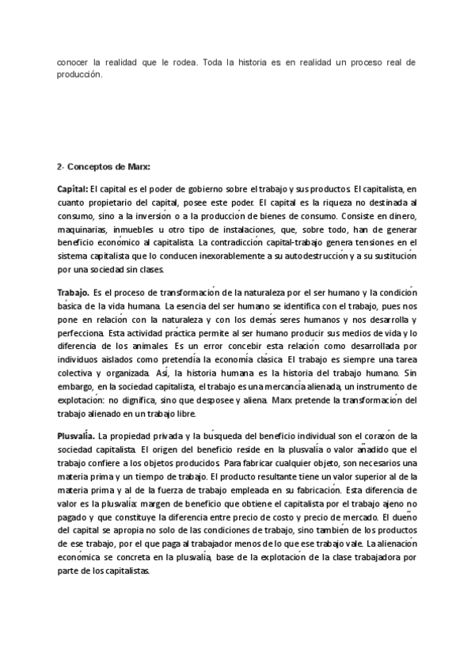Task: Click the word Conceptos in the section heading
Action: [x=88, y=167]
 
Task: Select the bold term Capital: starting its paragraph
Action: [x=72, y=189]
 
